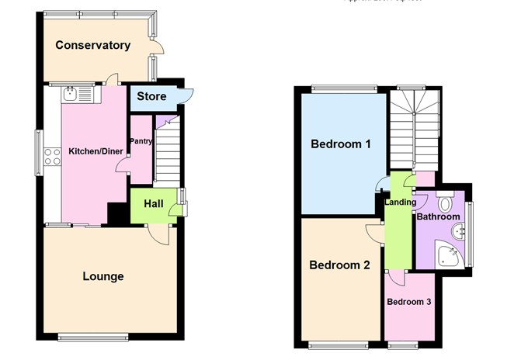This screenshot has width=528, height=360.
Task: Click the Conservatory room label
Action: point(92,45)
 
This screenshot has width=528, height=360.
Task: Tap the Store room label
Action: point(151,97)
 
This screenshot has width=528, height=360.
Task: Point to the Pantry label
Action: point(141,141)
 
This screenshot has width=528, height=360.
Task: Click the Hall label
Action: point(153,203)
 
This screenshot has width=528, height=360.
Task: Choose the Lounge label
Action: point(103,276)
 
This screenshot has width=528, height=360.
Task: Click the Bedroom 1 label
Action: point(340,144)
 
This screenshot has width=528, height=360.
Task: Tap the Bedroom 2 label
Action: point(339,265)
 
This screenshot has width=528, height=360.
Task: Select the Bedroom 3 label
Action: point(409,302)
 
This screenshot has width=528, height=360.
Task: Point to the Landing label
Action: point(401,202)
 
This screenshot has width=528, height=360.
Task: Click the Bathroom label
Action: point(438,217)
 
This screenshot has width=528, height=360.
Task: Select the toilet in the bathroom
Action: point(445,202)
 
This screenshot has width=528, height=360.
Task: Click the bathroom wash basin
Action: point(462,230)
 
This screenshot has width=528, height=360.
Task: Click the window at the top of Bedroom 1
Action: point(341,87)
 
